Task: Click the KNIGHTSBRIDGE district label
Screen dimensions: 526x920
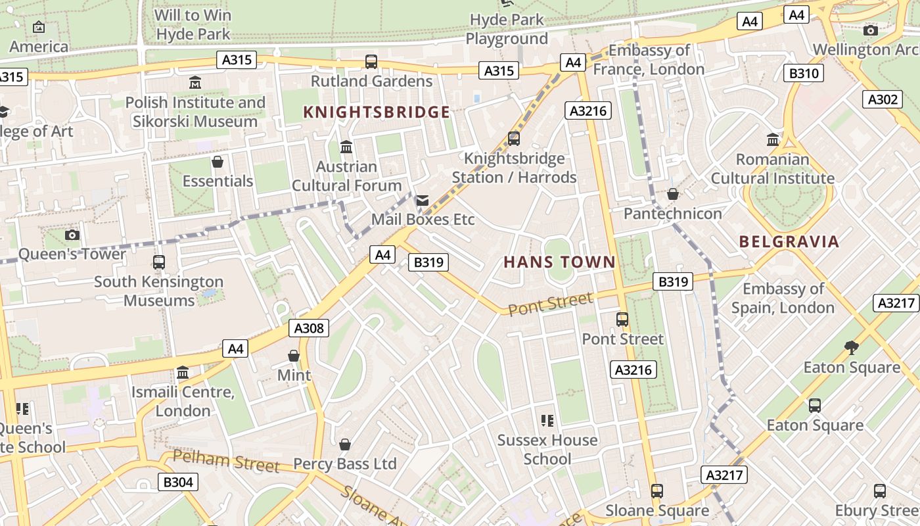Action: [377, 112]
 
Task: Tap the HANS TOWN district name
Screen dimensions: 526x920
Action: [559, 262]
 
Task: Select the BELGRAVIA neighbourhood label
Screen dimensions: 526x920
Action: [789, 241]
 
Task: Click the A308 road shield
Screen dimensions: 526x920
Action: [308, 327]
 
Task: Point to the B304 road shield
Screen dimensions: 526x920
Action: [177, 482]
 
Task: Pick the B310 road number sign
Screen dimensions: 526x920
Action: [803, 73]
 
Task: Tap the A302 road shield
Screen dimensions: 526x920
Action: [882, 99]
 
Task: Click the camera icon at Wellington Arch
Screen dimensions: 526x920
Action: [871, 30]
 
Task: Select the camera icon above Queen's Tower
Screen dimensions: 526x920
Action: [72, 235]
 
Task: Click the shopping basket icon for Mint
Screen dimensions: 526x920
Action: [294, 356]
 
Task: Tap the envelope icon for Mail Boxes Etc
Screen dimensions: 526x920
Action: [422, 200]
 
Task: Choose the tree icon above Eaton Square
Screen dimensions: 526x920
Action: [851, 347]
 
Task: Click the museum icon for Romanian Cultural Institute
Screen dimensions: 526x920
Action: [773, 139]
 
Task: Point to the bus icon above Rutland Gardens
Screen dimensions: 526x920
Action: [371, 62]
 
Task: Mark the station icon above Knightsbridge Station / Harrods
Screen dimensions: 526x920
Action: [514, 139]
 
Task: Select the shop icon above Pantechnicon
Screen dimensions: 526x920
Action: [672, 194]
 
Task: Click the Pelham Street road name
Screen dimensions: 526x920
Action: [226, 461]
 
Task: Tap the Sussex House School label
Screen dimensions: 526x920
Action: [547, 449]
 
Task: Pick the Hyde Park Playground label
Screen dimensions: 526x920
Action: [507, 30]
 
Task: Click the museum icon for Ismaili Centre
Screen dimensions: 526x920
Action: [183, 373]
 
